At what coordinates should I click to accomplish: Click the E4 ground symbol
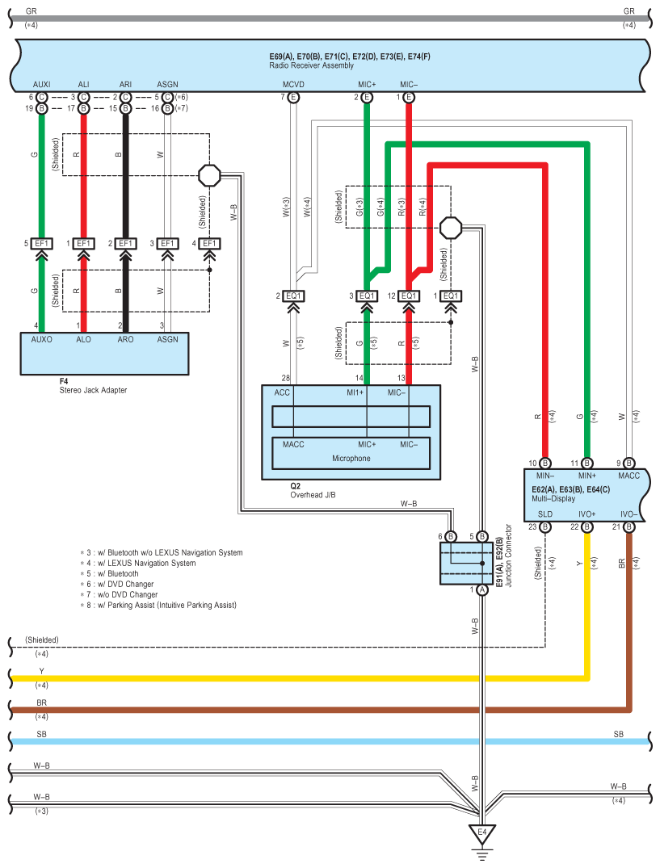pos(482,832)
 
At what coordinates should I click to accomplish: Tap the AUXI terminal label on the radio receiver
pos(42,85)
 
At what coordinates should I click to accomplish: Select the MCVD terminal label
pos(293,85)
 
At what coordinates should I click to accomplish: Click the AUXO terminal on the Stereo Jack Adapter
pos(42,339)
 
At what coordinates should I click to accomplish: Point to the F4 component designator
pos(64,380)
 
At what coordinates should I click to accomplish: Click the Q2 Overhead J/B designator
pos(296,486)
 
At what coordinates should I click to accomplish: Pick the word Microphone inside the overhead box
pos(351,458)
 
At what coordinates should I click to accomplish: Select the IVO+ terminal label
pos(586,514)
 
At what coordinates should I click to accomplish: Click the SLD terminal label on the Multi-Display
pos(545,514)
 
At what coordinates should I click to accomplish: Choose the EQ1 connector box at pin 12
pos(409,296)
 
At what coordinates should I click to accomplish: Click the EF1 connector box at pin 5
pos(42,243)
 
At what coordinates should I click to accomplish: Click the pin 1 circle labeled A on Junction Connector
pos(482,590)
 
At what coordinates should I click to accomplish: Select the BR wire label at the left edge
pos(41,703)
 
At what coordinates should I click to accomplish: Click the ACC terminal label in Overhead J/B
pos(282,392)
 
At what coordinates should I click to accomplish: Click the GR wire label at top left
pos(31,10)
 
